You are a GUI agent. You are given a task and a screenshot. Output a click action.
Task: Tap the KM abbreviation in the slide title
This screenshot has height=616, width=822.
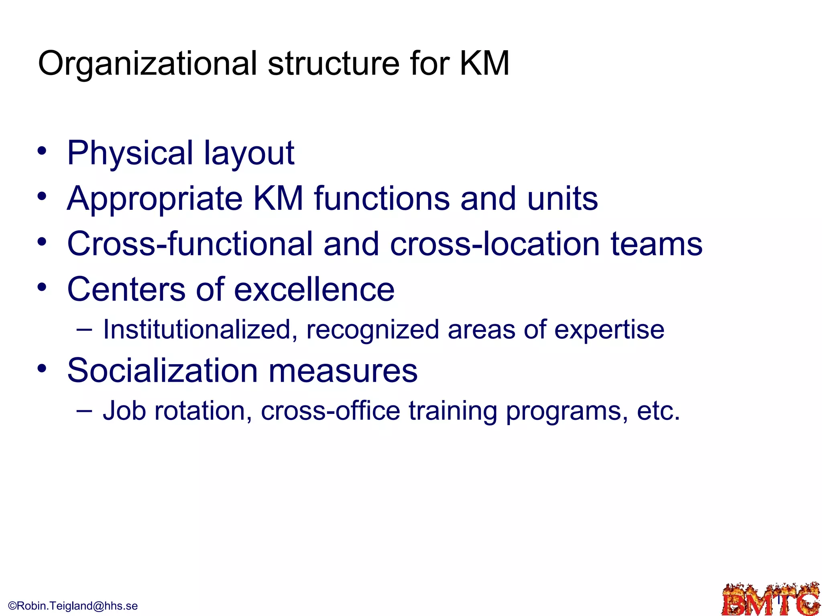(x=484, y=63)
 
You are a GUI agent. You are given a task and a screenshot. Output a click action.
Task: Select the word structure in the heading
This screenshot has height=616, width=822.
(x=334, y=63)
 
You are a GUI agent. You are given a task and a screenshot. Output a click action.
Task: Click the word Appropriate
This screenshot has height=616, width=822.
(x=155, y=199)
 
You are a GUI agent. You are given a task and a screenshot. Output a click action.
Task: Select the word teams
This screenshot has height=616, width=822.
(x=657, y=244)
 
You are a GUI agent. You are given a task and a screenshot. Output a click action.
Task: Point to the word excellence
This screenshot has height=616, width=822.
(x=314, y=289)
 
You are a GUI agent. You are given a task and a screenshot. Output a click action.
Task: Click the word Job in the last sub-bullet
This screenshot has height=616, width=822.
(x=124, y=411)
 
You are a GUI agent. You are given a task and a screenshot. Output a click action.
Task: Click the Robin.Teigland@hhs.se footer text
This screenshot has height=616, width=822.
(x=73, y=606)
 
